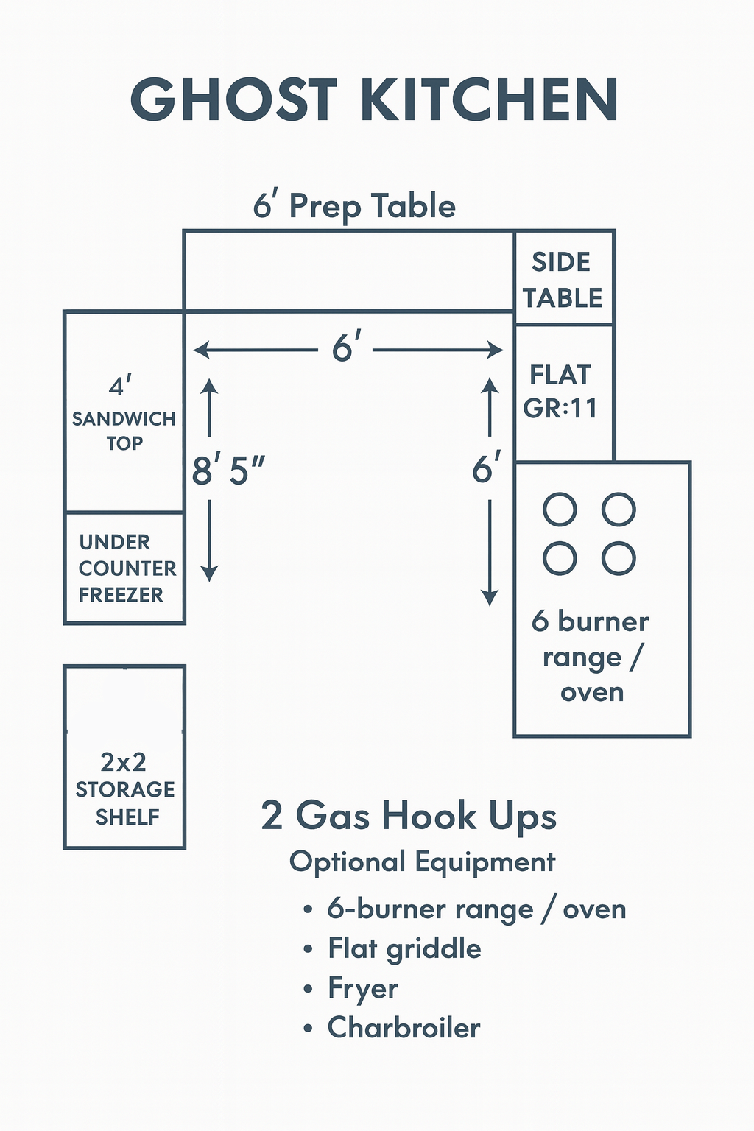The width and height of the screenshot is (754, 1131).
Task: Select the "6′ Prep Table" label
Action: [x=354, y=205]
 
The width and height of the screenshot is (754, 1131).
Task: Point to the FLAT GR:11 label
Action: [x=560, y=392]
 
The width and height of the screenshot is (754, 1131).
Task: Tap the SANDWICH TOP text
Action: [x=124, y=431]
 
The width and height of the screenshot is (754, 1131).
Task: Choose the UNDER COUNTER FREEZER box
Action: [x=124, y=568]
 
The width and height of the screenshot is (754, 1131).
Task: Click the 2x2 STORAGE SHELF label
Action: [x=125, y=789]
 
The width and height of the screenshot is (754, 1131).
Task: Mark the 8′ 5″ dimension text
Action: [x=228, y=471]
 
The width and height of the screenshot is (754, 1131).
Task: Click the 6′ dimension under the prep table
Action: [x=346, y=348]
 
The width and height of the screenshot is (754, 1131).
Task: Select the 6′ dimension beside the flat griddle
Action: [x=487, y=469]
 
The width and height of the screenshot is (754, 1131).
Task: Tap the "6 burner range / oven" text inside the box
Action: [x=591, y=657]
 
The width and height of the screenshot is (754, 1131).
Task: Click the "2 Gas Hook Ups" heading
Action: [x=409, y=817]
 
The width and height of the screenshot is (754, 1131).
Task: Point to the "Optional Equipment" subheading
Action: [x=422, y=862]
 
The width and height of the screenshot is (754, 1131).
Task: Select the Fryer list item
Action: [x=363, y=989]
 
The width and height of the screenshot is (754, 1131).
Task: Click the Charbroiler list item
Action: [x=404, y=1028]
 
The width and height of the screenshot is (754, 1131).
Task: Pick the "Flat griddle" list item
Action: [x=404, y=949]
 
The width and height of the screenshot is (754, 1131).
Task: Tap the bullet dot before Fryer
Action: [x=309, y=989]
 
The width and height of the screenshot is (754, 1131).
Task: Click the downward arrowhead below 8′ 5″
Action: [x=210, y=574]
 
